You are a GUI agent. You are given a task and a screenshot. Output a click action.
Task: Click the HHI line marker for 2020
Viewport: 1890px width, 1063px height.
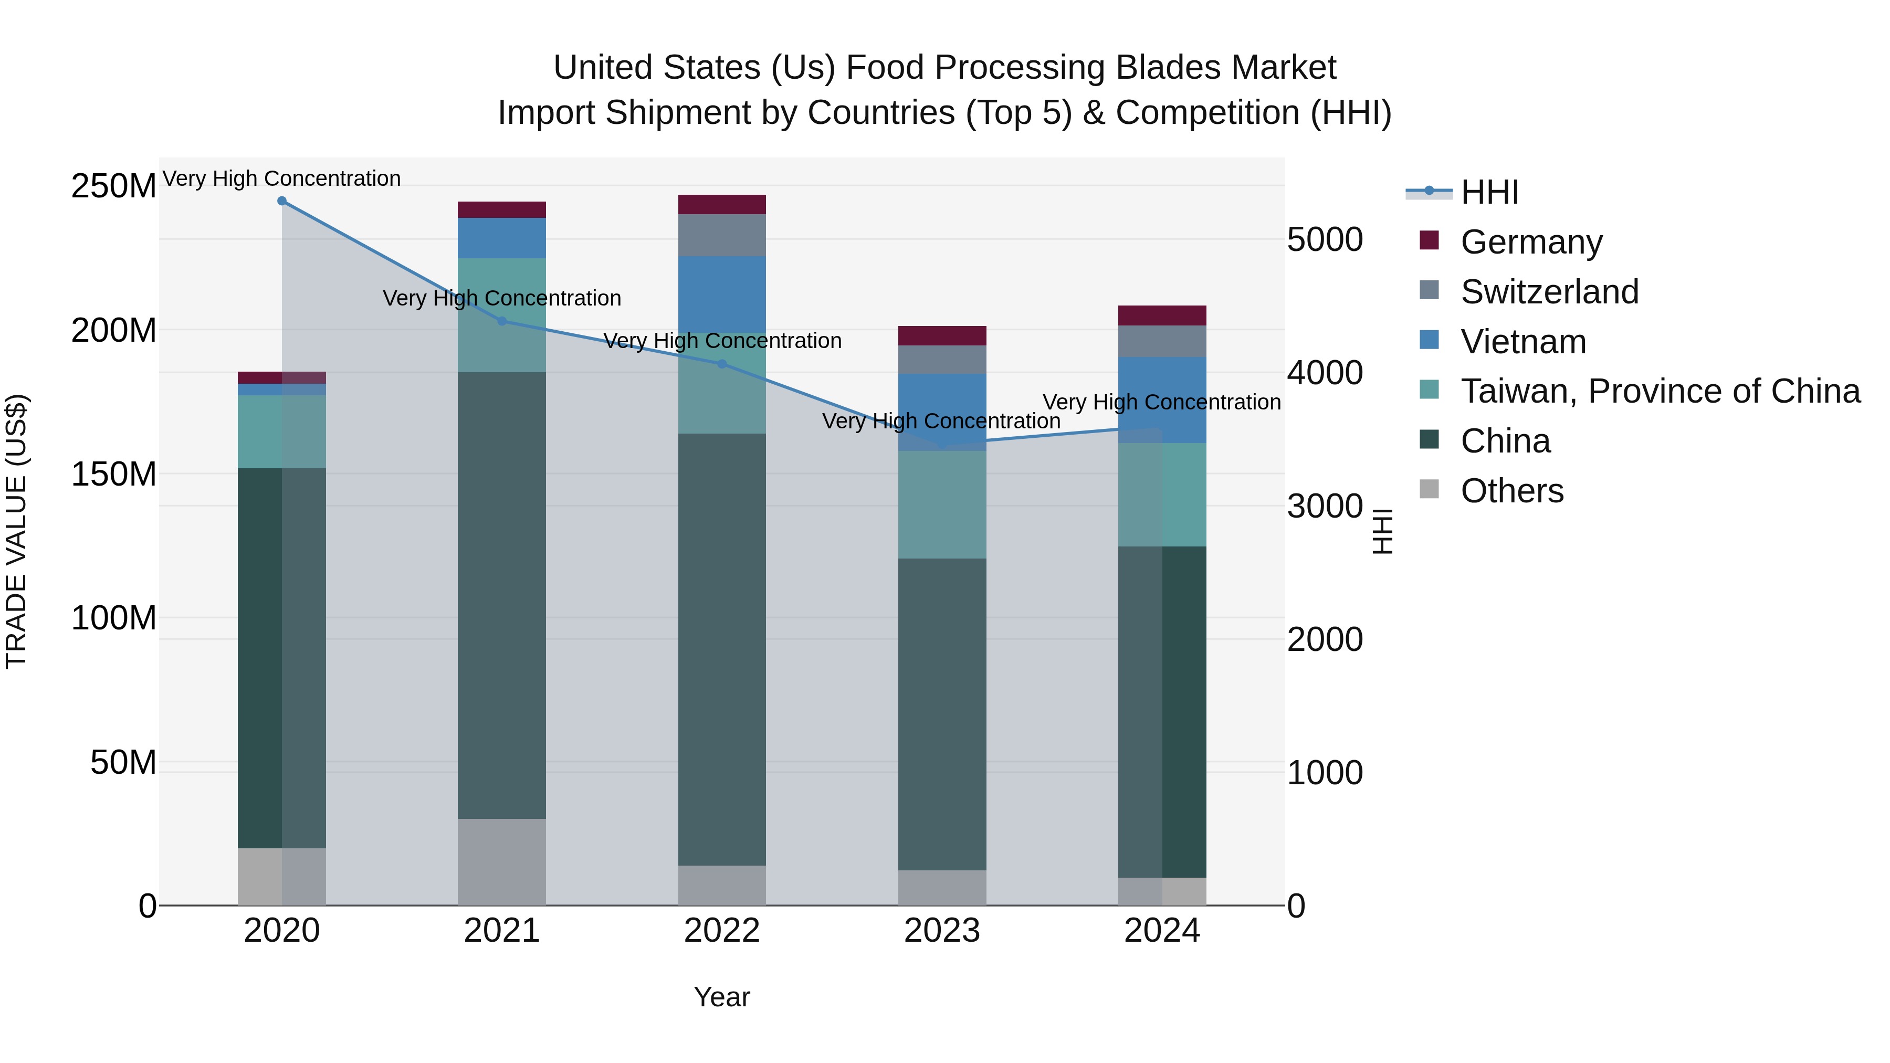282,201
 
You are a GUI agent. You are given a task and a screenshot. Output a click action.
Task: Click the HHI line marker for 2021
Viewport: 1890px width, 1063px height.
502,321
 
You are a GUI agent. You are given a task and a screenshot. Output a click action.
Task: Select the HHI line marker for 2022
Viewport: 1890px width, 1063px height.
722,364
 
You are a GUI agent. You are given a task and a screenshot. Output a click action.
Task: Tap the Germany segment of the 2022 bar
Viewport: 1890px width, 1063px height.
722,205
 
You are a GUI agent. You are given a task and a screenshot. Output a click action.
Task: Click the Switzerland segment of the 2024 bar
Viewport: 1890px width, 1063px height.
1162,341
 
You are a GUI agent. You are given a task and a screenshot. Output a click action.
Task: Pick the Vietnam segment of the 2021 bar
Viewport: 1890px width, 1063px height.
502,238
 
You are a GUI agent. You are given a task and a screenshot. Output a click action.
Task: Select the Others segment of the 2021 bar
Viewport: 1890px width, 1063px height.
502,861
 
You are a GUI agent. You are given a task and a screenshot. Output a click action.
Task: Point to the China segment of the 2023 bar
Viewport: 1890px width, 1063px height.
942,714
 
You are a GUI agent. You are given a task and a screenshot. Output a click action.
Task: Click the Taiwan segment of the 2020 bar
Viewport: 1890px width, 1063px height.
282,431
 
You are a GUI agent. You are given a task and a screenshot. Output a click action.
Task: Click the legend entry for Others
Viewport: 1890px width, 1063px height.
1511,491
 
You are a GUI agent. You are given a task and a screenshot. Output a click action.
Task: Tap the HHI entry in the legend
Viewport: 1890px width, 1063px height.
1489,192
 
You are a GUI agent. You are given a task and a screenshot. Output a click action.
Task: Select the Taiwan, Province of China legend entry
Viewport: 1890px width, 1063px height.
1660,391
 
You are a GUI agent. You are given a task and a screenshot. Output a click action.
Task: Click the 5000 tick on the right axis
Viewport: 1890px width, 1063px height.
1325,240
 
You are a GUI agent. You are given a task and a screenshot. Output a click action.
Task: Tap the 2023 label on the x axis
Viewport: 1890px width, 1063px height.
942,931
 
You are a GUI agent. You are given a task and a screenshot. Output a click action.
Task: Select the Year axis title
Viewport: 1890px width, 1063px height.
722,997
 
